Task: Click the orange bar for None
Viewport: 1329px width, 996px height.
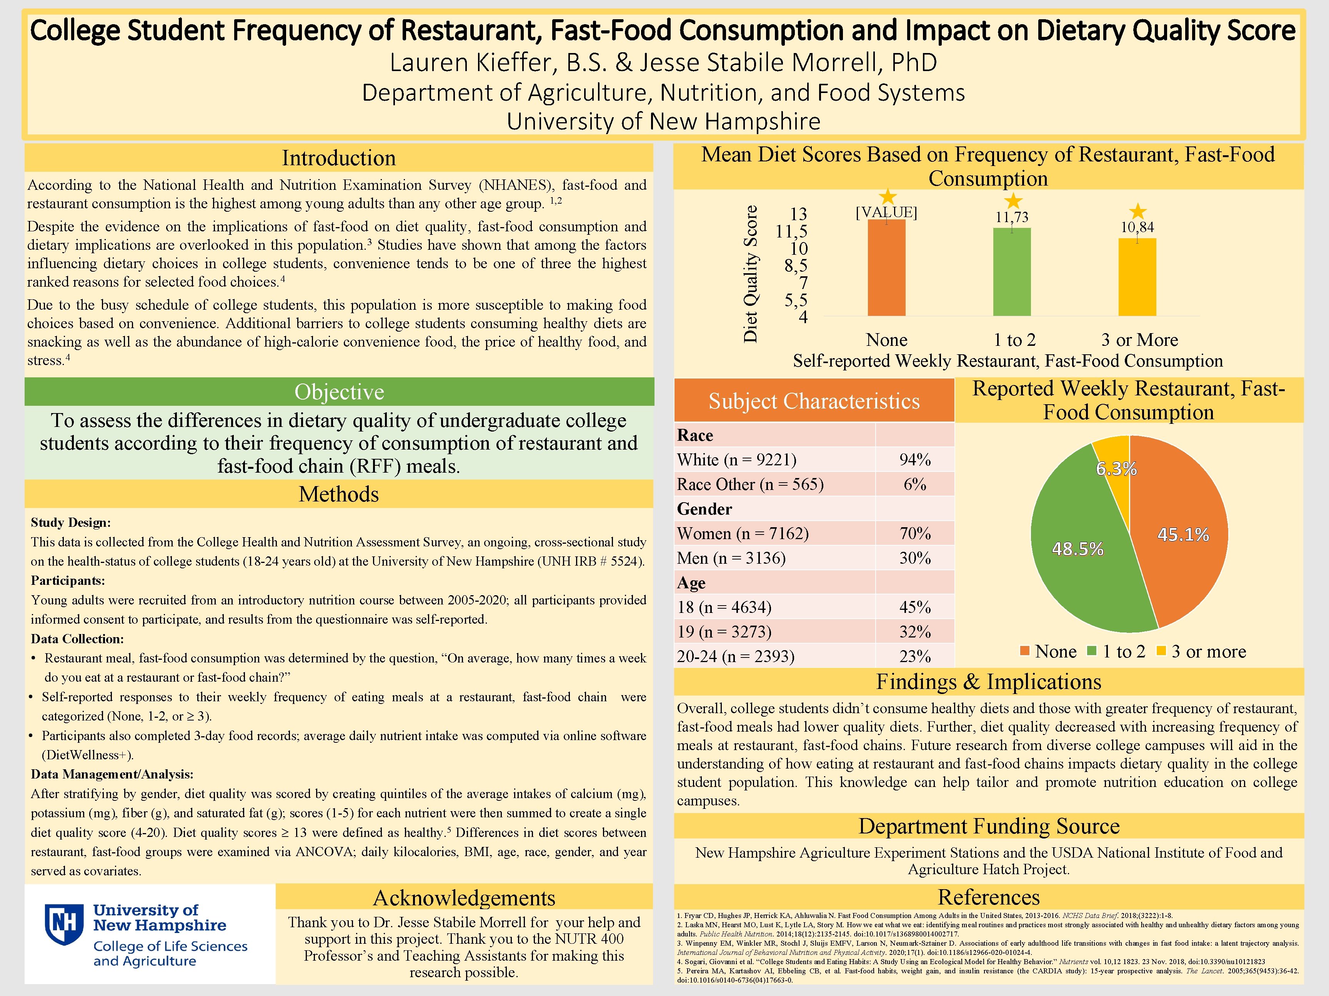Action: [886, 268]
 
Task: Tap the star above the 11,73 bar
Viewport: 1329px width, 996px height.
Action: [1013, 201]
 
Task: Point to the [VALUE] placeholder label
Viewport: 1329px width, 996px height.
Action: [886, 212]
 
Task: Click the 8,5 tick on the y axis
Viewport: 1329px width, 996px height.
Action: [796, 266]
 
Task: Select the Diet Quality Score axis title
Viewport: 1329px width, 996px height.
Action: [750, 274]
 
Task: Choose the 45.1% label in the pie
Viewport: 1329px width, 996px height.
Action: [1182, 535]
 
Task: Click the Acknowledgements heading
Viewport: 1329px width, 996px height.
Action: [464, 898]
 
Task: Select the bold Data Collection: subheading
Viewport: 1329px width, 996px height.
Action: [77, 639]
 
